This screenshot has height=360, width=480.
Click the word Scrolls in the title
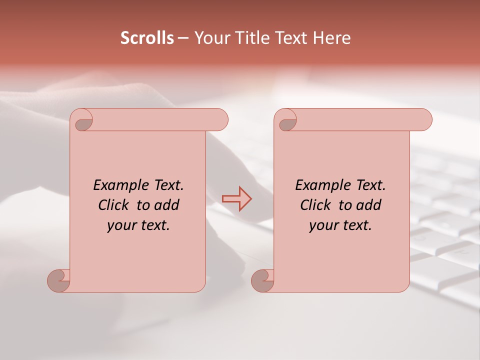[147, 38]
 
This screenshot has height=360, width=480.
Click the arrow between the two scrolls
[237, 199]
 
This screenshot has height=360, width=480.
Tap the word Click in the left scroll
[114, 205]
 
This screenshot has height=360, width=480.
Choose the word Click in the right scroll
[316, 205]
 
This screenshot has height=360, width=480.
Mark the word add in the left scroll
[167, 205]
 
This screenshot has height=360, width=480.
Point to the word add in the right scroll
[369, 205]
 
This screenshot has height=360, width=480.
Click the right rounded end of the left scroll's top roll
[220, 120]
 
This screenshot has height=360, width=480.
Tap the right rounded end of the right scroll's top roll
[424, 120]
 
